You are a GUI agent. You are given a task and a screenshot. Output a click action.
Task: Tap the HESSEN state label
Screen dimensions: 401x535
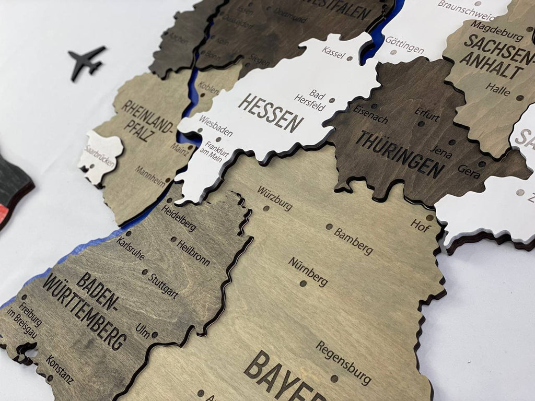[x=271, y=113]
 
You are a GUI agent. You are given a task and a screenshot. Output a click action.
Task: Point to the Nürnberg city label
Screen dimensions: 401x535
[x=308, y=272]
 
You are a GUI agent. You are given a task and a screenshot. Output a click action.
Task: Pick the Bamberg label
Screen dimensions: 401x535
[x=354, y=241]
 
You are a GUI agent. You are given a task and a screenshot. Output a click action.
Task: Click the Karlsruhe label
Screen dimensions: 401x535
[x=130, y=249]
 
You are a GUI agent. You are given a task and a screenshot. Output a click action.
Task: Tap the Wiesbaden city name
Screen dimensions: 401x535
[x=215, y=126]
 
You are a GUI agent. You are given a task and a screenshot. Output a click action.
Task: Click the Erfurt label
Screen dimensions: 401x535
[x=427, y=114]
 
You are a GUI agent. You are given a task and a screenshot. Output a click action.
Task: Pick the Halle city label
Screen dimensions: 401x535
[x=497, y=89]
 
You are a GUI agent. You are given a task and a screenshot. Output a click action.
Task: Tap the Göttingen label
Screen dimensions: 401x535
[x=404, y=44]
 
